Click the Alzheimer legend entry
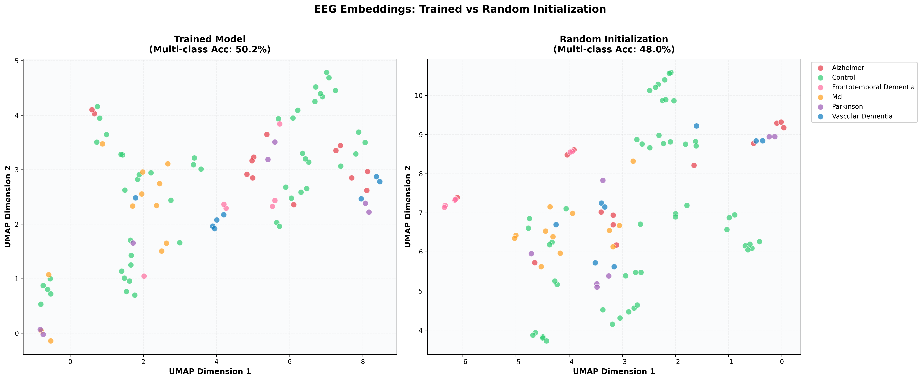point(848,68)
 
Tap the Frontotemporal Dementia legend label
point(873,87)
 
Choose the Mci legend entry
point(837,97)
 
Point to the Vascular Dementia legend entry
point(862,116)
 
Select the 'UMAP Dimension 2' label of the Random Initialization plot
point(408,207)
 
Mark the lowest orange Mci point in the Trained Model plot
point(51,341)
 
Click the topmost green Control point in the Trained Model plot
point(326,72)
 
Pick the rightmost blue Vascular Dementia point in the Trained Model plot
point(380,182)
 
